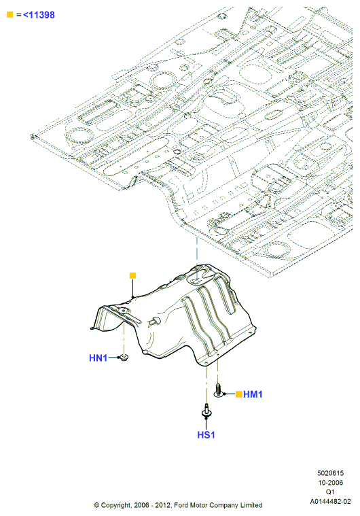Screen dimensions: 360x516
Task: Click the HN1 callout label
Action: [x=98, y=358]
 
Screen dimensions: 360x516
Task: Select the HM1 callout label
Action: [x=253, y=394]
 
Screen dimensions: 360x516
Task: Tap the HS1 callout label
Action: [x=206, y=434]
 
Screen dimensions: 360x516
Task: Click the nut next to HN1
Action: [x=124, y=357]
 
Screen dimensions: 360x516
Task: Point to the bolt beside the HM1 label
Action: [x=217, y=390]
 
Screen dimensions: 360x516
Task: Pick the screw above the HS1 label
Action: [x=206, y=411]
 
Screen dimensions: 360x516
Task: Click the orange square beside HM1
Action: [x=239, y=394]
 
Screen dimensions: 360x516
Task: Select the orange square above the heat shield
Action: [x=133, y=276]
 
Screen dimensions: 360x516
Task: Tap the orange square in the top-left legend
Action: [x=10, y=14]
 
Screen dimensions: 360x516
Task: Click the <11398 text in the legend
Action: [x=39, y=15]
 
